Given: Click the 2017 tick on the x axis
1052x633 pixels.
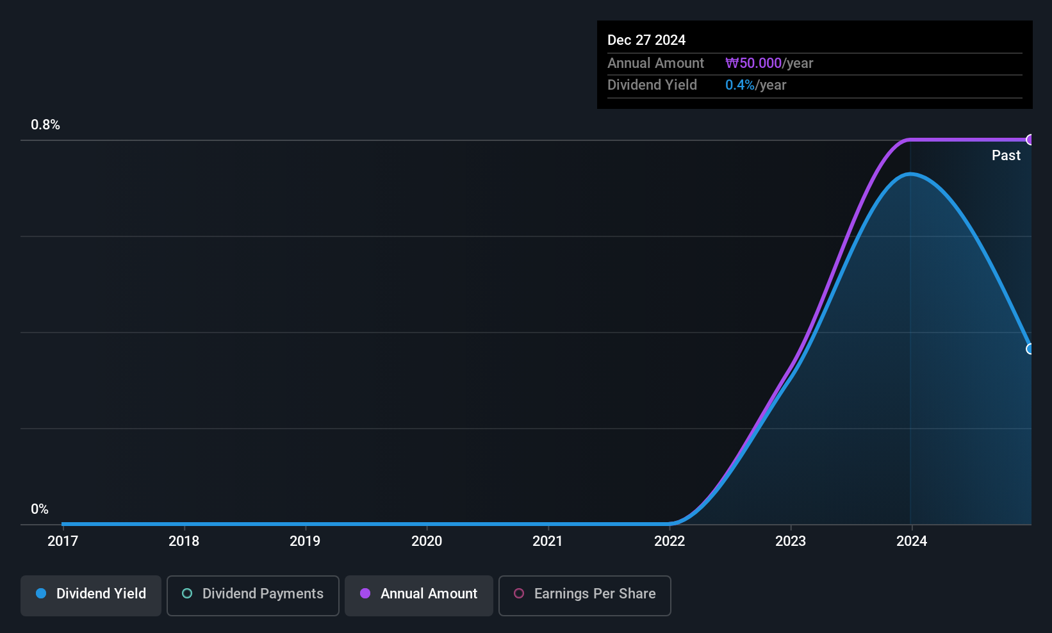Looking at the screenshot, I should coord(63,541).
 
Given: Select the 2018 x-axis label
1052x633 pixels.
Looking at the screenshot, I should coord(184,541).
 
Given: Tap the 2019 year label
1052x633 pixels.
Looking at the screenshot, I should coord(305,541).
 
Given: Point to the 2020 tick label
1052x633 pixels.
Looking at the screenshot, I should coord(427,541).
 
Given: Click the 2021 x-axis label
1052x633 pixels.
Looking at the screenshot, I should coord(548,541).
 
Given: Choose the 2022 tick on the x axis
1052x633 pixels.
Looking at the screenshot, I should coord(670,541).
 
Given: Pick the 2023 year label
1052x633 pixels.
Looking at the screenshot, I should coord(791,541).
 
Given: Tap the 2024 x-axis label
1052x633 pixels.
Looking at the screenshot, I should coord(912,541).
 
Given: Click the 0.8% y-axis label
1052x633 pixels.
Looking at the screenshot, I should coord(45,125).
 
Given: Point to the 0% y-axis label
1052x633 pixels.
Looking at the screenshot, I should coord(40,509).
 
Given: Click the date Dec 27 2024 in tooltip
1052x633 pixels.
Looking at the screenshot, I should coord(646,40).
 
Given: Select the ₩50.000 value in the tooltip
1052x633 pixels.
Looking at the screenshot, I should coord(753,63).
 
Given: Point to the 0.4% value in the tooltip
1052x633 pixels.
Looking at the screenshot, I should coord(740,85).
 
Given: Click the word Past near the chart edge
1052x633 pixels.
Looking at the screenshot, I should coord(1006,156).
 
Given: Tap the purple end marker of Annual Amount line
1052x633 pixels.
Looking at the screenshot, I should coord(1030,140).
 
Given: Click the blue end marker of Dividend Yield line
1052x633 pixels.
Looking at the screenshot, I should coord(1030,349).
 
